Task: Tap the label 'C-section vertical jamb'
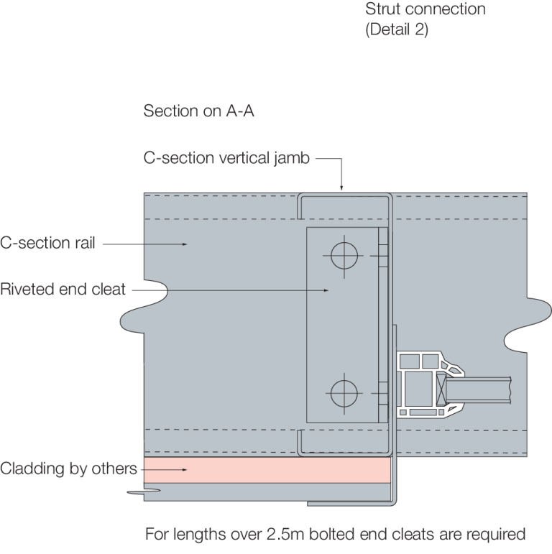coord(226,159)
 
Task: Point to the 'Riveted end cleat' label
coord(63,290)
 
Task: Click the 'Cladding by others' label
coord(68,469)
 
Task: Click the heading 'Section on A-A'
coord(198,111)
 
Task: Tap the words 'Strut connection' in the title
coord(425,10)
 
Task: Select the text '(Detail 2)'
coord(397,31)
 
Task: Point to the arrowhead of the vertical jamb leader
coord(341,188)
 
